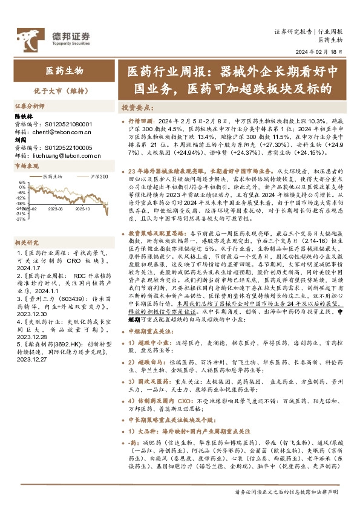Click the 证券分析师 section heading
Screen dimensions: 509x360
pos(31,105)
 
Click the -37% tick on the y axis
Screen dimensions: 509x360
pos(21,219)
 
